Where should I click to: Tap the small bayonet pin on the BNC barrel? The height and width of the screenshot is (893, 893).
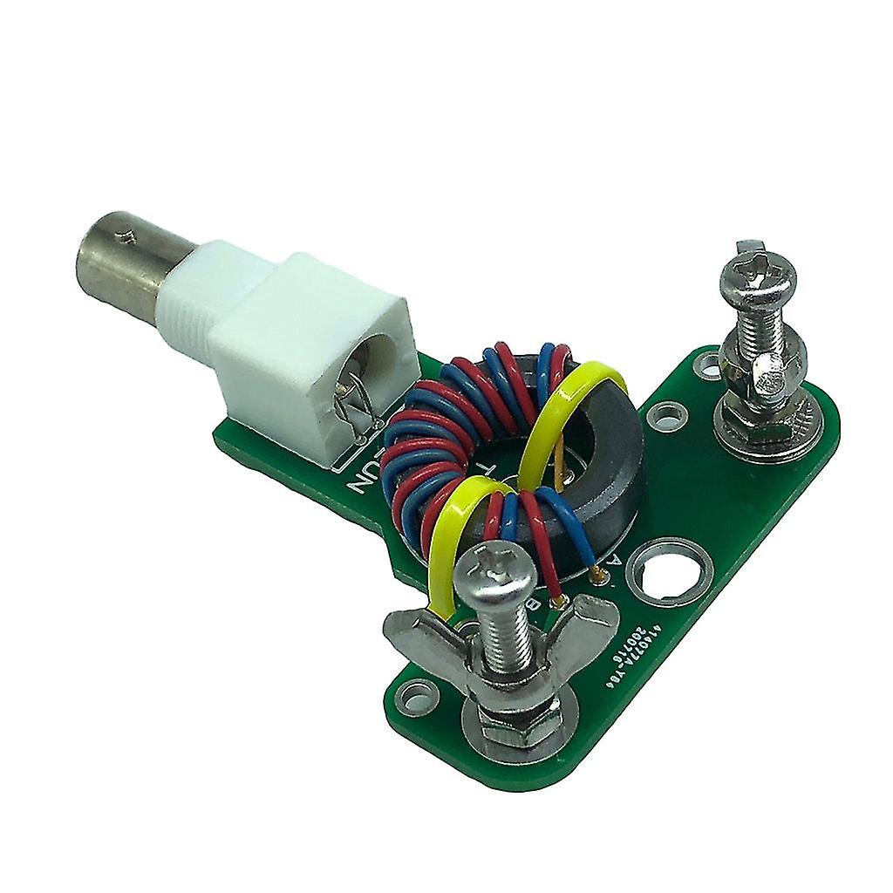[x=130, y=234]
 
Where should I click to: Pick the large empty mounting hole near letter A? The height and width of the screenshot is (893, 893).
[x=668, y=570]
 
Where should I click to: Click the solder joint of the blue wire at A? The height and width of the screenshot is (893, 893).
[x=596, y=573]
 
